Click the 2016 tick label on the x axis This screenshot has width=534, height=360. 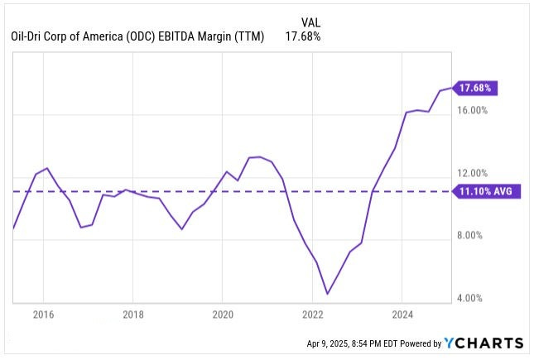pos(43,314)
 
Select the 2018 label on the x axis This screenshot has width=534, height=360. pos(133,314)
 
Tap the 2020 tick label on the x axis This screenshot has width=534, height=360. pos(223,314)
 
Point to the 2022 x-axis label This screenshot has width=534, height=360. pos(312,314)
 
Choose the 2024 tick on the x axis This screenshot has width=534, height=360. pos(402,314)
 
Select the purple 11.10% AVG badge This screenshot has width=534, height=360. pos(488,191)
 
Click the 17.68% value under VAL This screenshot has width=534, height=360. pos(304,36)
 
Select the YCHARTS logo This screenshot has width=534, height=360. pos(483,343)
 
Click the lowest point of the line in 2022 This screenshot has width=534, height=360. pos(328,294)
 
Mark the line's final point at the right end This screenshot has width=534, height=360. pos(451,88)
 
